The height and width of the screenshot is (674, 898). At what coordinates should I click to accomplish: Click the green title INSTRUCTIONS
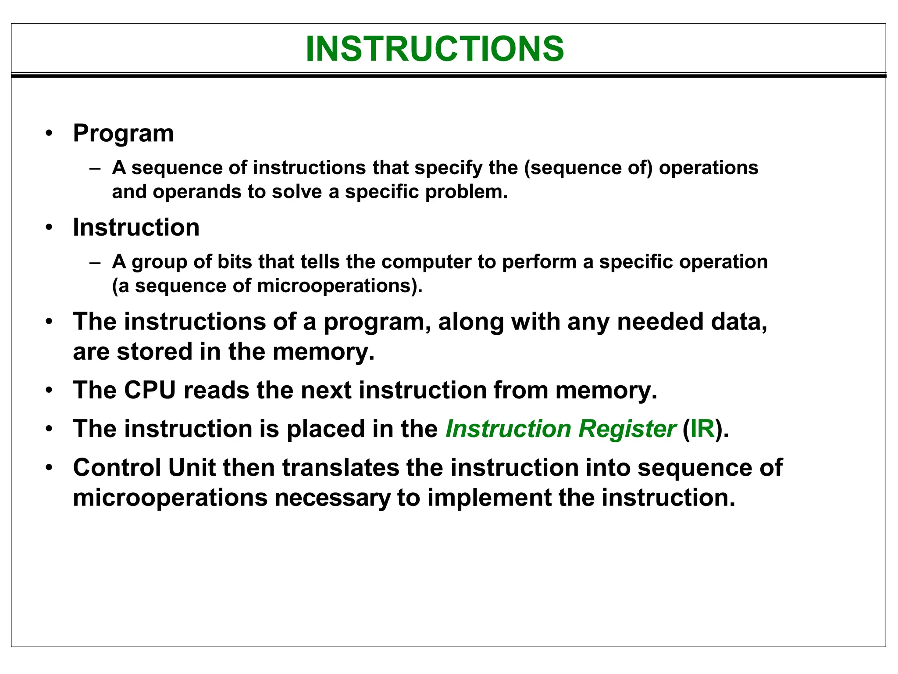click(x=435, y=49)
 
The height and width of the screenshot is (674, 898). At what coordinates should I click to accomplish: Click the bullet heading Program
click(x=123, y=133)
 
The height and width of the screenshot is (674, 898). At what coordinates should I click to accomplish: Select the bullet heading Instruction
click(x=136, y=228)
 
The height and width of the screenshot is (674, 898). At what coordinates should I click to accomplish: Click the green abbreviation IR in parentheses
click(x=702, y=429)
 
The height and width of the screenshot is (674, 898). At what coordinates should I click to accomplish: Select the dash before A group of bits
click(x=95, y=262)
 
